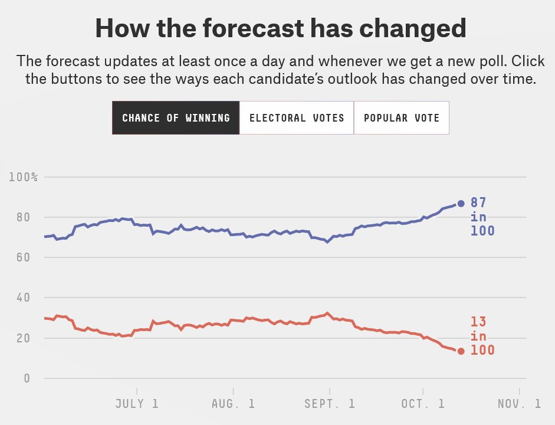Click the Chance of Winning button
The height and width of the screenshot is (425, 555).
[176, 117]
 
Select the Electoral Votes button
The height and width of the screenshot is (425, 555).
[297, 117]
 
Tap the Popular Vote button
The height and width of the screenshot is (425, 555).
[402, 117]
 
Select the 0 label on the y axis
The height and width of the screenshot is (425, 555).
[27, 378]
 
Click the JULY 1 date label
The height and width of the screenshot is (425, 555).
[136, 404]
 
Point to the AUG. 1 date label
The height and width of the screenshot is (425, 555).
[233, 404]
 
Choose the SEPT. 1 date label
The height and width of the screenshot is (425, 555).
[330, 404]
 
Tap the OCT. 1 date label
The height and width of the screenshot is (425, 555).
[423, 404]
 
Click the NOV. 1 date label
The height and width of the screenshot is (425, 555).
[519, 404]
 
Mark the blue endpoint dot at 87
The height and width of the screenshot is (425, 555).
[461, 204]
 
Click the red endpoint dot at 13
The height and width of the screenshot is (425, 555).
[461, 351]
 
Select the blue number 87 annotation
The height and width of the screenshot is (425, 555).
[478, 203]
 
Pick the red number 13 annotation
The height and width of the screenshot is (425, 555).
[478, 322]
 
